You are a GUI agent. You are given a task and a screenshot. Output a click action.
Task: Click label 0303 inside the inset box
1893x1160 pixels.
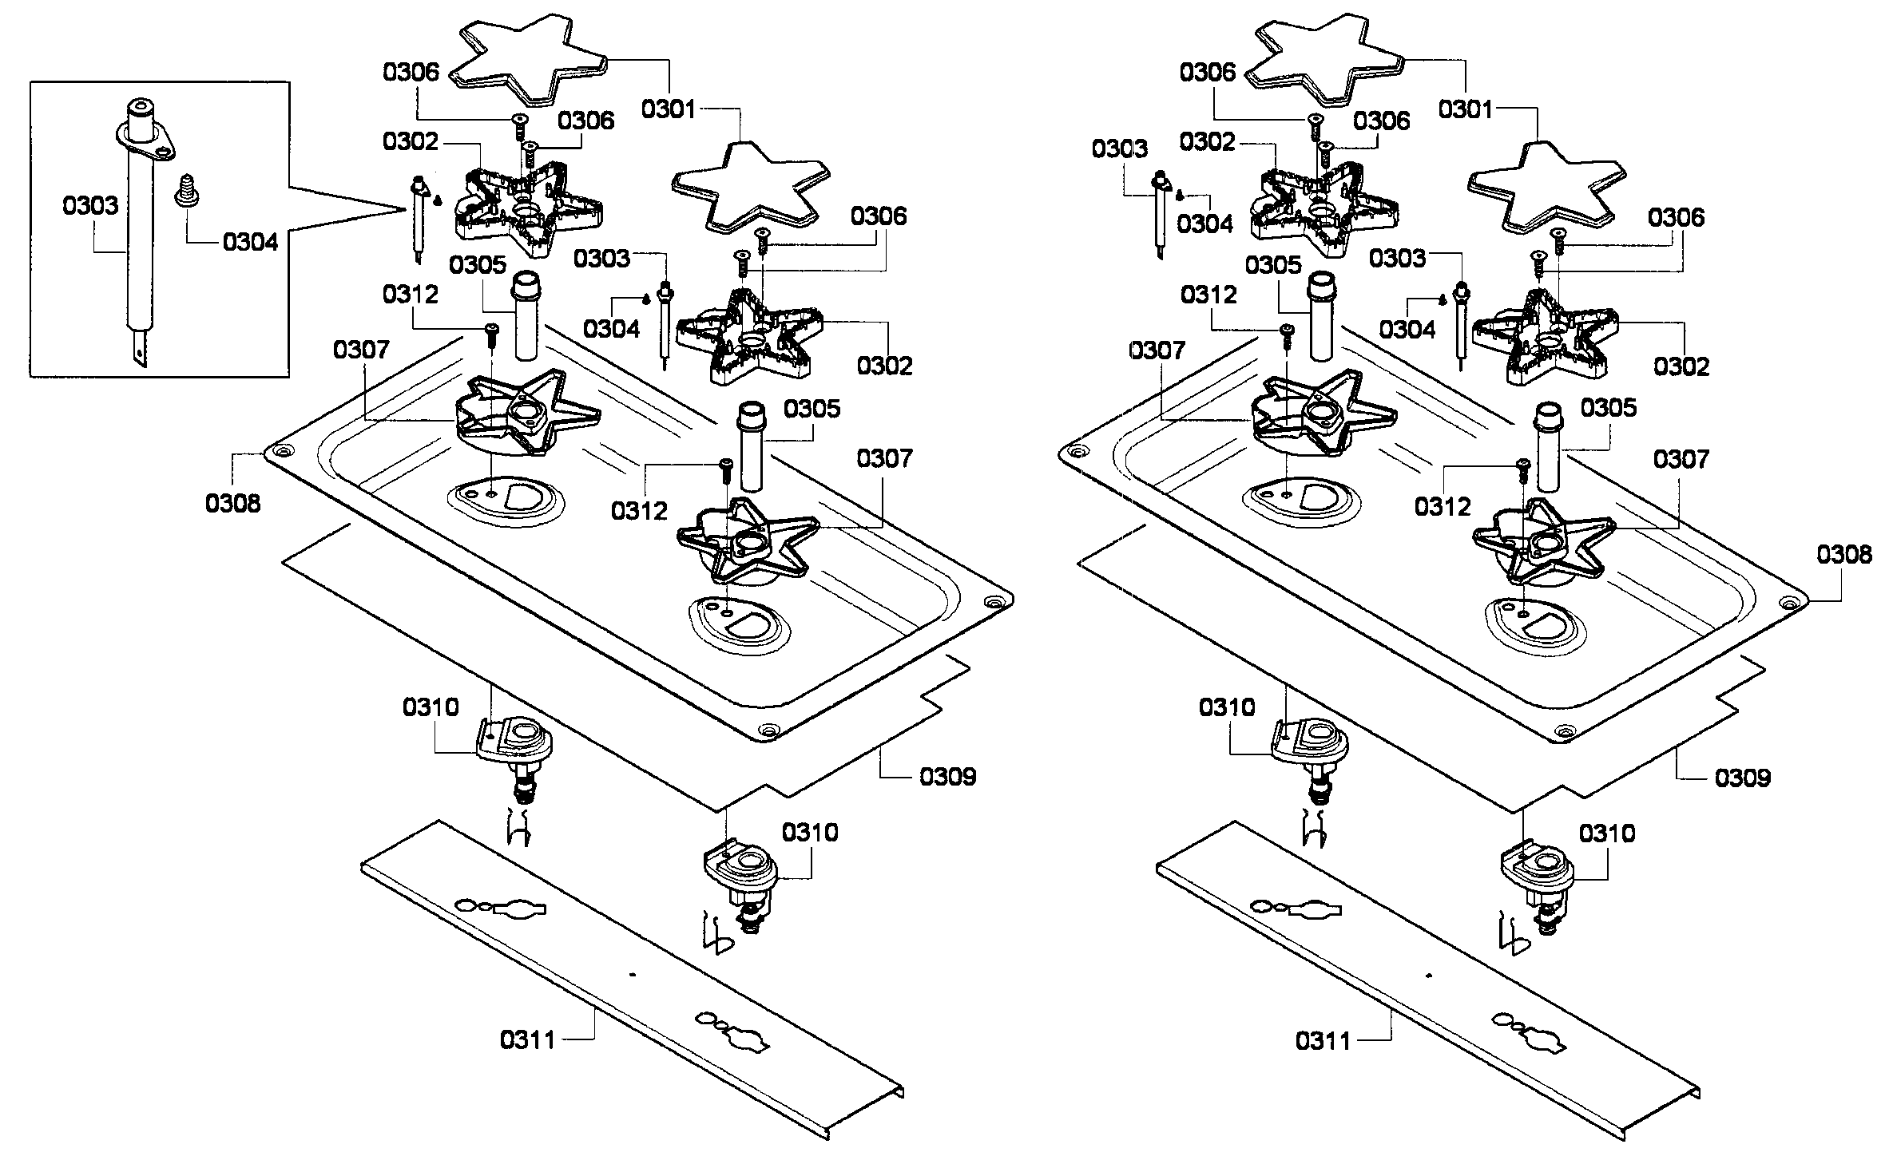[90, 206]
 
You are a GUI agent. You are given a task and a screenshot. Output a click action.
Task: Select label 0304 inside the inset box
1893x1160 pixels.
[251, 242]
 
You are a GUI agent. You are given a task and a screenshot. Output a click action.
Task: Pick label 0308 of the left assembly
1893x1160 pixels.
[232, 504]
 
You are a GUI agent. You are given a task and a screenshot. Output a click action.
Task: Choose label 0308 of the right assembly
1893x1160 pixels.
[1843, 555]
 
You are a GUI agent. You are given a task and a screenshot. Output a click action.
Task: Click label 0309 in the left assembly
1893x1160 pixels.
[948, 777]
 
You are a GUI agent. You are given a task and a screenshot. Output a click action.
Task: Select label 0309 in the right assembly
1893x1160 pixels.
[1743, 778]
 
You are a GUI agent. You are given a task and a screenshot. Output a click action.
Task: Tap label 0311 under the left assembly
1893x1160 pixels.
[528, 1040]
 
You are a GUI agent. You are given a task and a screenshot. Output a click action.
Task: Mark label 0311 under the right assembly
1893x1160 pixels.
[1324, 1040]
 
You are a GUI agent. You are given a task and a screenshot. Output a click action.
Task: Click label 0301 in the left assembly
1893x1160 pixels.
[669, 109]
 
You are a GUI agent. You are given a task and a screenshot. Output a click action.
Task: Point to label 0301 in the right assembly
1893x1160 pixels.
[1466, 109]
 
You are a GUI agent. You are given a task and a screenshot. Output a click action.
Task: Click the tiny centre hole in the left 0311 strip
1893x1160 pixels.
[633, 975]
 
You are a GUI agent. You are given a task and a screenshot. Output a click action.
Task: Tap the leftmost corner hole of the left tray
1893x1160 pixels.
[279, 452]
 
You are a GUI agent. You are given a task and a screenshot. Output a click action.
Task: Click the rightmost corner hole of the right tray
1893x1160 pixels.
[1789, 604]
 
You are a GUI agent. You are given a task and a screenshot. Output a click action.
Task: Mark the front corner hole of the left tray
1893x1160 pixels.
[769, 730]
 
